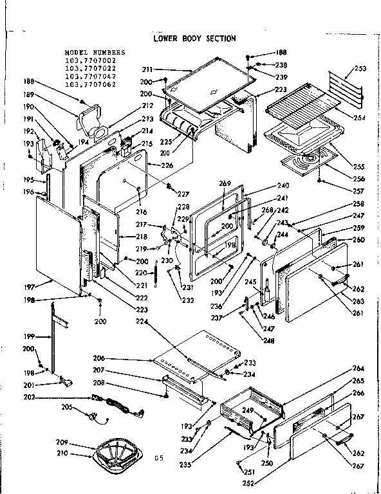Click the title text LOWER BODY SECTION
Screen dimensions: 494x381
coord(194,39)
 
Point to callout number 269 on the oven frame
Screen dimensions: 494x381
coord(225,183)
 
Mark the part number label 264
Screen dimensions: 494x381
coord(358,367)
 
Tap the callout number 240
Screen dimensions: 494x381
coord(283,185)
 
